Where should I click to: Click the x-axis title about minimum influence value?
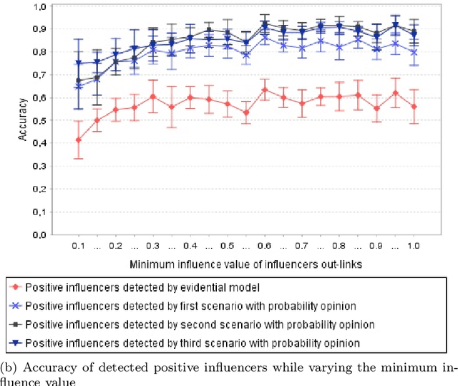click(x=246, y=264)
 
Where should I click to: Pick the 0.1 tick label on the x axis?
click(x=78, y=245)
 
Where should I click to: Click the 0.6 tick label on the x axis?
click(x=265, y=245)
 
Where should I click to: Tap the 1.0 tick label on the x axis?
click(x=413, y=245)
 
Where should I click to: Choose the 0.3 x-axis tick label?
click(x=152, y=245)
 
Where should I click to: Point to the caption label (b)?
click(x=9, y=367)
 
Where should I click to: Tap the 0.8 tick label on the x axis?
click(x=339, y=245)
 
